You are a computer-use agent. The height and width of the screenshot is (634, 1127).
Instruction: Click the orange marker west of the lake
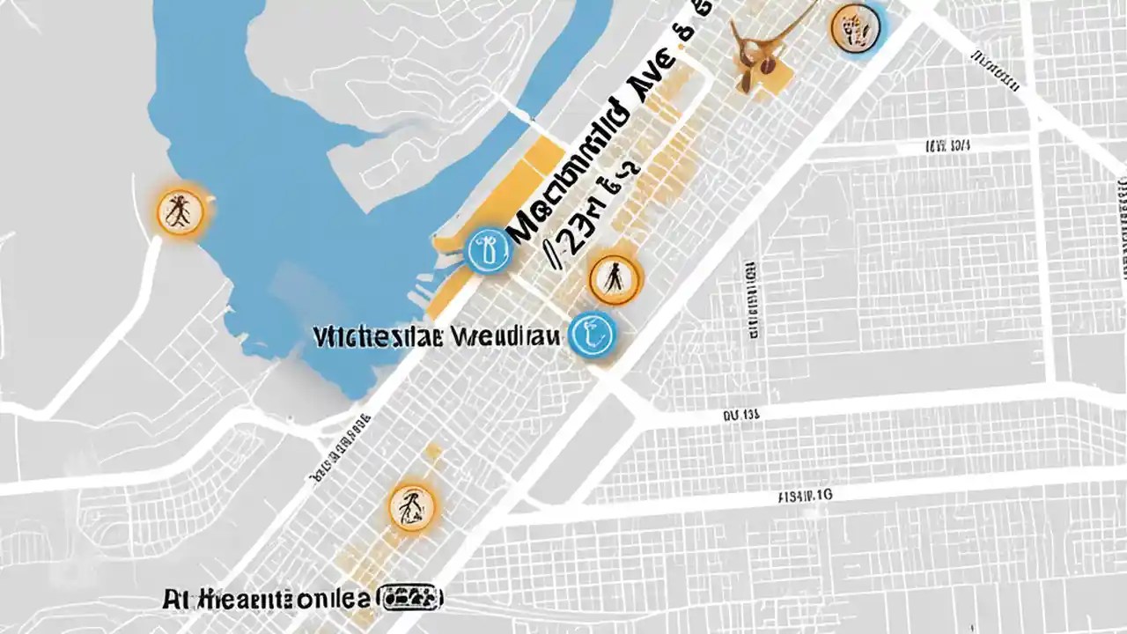(x=180, y=212)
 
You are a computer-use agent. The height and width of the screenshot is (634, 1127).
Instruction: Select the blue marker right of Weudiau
(x=592, y=335)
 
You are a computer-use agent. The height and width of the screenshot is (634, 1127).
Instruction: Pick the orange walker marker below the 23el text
(x=615, y=279)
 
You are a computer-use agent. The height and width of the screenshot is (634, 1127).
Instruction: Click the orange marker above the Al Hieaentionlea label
(x=411, y=506)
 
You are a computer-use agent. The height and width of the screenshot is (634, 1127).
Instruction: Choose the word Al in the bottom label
(x=173, y=601)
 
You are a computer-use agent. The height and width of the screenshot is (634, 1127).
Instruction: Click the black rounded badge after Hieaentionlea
(x=409, y=599)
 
